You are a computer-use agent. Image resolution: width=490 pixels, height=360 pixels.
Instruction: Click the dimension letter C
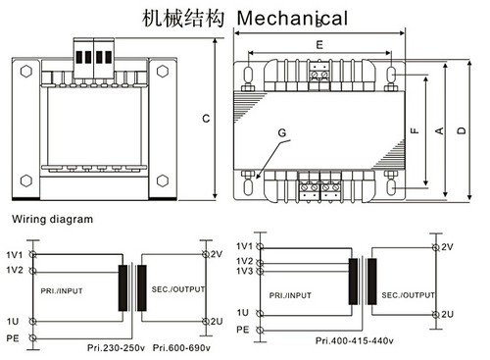(x=206, y=119)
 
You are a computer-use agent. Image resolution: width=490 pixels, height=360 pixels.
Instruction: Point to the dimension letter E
(x=319, y=44)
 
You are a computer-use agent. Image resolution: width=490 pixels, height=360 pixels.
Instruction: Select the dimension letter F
(x=415, y=130)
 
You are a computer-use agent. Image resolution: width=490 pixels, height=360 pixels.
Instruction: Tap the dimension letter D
(x=462, y=130)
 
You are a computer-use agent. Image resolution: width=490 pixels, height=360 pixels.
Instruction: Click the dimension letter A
(x=440, y=130)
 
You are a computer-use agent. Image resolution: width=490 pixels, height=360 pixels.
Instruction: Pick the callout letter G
(x=282, y=132)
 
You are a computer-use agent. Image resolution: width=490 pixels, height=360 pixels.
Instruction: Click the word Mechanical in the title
(x=292, y=18)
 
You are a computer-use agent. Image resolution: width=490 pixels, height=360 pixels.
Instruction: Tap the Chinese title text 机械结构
(x=183, y=18)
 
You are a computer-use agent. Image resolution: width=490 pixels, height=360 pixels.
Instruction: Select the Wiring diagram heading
(x=53, y=219)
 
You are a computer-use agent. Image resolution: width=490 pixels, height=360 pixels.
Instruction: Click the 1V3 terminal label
(x=245, y=271)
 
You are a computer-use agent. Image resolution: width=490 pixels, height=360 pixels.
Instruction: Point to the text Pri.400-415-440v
(x=355, y=340)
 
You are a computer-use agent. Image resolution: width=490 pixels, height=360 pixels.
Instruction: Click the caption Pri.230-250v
(x=116, y=347)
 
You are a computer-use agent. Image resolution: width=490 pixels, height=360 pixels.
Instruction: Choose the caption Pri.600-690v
(x=181, y=347)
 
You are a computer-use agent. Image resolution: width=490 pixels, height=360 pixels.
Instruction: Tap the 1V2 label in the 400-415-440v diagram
(x=245, y=261)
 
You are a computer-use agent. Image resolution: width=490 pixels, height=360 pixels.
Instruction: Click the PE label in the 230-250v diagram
(x=13, y=338)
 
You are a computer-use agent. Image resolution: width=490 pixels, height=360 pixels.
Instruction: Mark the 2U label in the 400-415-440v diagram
(x=448, y=314)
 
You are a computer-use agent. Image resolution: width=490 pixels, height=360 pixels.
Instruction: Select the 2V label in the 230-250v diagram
(x=217, y=254)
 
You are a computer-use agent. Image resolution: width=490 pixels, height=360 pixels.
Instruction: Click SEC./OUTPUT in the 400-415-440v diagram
(x=409, y=295)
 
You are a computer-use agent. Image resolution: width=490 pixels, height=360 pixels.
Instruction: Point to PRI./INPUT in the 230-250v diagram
(x=62, y=290)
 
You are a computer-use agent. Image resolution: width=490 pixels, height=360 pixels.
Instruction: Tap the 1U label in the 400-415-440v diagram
(x=243, y=313)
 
